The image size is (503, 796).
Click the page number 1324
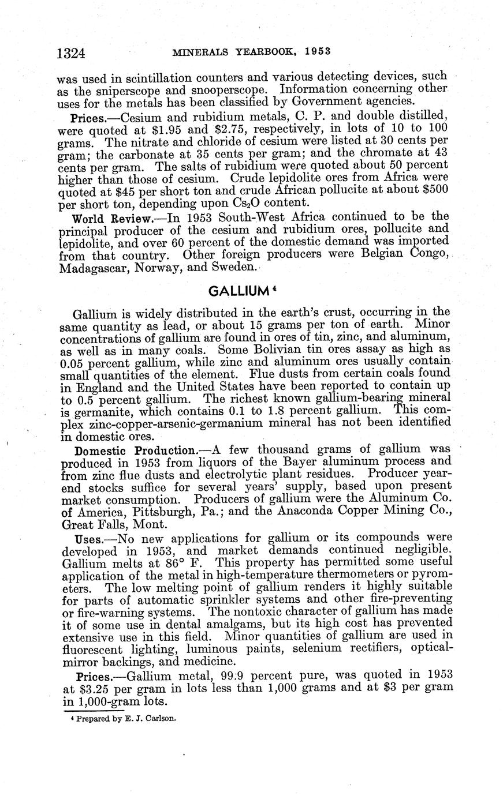72,53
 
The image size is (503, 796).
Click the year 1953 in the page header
318,51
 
